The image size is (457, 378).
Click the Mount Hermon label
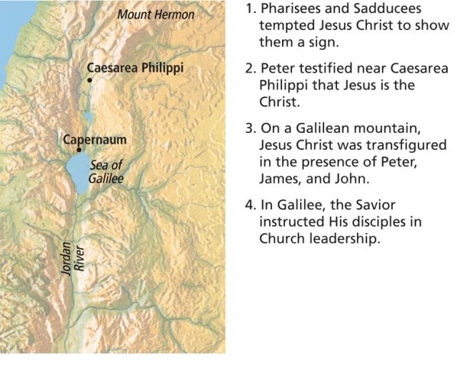point(156,14)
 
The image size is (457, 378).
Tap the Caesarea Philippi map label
point(135,68)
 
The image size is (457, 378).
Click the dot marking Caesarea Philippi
point(89,80)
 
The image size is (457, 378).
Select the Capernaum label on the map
point(94,139)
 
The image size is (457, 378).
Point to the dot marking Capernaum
point(79,150)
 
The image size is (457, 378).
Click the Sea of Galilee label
point(106,171)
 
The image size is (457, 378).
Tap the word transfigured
point(407,145)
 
